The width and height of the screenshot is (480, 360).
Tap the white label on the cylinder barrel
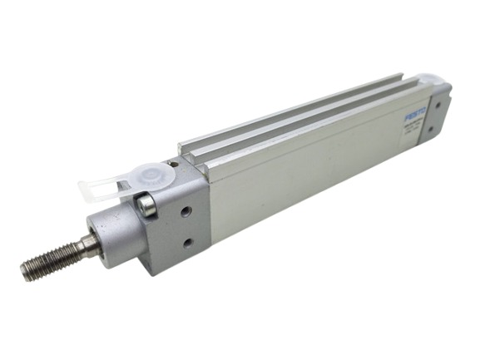[413, 126]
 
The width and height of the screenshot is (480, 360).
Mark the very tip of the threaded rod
[26, 271]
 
